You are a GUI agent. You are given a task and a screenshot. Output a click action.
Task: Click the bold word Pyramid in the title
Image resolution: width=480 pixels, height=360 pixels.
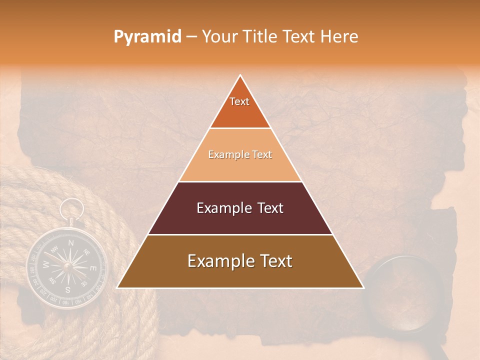[x=147, y=37]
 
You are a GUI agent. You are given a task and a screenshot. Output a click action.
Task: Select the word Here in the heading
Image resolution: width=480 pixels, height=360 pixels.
[x=339, y=37]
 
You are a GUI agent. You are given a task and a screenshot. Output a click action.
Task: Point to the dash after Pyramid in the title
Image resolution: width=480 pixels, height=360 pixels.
[x=192, y=37]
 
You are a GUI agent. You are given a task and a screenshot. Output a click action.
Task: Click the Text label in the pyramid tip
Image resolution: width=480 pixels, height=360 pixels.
[x=239, y=101]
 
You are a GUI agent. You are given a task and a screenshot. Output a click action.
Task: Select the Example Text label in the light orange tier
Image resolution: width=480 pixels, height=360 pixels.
[x=240, y=155]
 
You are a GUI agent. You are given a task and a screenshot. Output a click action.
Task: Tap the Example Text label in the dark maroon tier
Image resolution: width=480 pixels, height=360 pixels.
[x=240, y=208]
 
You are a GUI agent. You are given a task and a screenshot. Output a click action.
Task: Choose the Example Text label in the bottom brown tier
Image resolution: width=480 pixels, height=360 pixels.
[x=240, y=261]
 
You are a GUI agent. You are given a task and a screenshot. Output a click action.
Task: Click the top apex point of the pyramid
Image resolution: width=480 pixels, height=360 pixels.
[x=240, y=75]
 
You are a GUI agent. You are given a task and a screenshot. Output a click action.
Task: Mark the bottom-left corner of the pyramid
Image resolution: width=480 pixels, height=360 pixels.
[x=117, y=288]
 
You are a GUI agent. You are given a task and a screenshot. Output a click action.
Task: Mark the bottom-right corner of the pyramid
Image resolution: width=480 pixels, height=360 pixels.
[x=363, y=288]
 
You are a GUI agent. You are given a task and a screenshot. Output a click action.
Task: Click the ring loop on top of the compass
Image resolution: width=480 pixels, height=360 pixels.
[x=72, y=208]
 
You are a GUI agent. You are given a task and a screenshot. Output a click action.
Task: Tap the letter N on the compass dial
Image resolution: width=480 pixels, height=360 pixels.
[x=71, y=243]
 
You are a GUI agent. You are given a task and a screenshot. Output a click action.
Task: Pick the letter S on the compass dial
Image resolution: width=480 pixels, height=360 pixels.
[x=67, y=289]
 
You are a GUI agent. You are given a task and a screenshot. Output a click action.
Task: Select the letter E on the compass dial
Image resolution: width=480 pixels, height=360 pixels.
[x=92, y=268]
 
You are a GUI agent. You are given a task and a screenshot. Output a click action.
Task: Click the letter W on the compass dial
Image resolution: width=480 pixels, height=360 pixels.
[x=46, y=264]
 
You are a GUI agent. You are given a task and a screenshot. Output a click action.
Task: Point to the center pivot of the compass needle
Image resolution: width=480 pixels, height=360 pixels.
[x=68, y=266]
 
